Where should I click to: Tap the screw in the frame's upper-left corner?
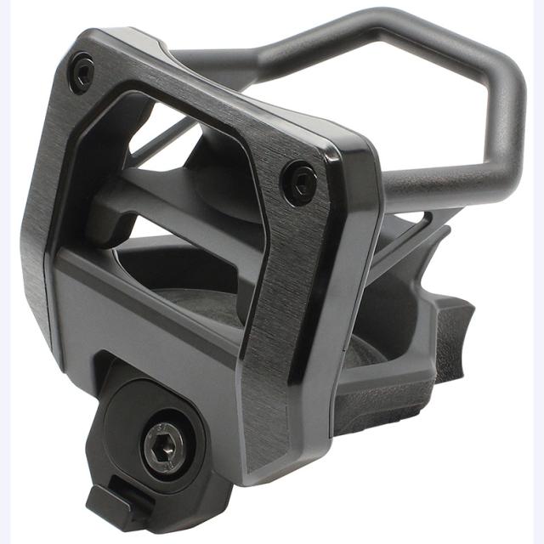coord(82,71)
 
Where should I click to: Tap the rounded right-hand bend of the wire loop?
coord(506,102)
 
